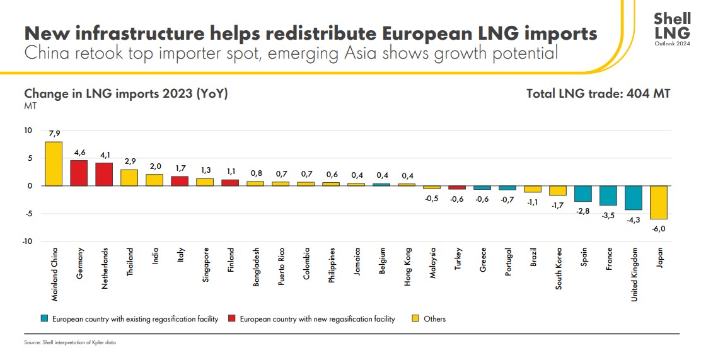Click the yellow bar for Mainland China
[54, 164]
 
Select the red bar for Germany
[79, 173]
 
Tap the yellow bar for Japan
[659, 202]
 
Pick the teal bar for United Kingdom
[634, 198]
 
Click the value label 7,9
[54, 134]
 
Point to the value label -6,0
[659, 228]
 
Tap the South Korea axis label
[559, 269]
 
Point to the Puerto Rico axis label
[281, 267]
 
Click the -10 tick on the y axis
[28, 241]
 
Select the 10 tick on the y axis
[28, 131]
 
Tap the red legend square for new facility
[231, 319]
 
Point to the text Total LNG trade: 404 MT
[598, 94]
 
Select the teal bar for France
[608, 195]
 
